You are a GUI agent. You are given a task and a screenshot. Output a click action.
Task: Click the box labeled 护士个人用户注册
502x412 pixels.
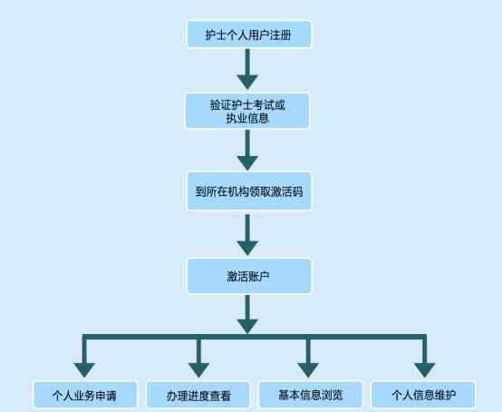(x=248, y=34)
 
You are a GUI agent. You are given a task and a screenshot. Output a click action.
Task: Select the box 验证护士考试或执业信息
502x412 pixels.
(x=247, y=111)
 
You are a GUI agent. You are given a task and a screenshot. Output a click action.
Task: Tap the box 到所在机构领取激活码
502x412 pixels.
(x=249, y=191)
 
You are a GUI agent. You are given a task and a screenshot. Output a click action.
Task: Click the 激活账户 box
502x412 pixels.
(x=249, y=276)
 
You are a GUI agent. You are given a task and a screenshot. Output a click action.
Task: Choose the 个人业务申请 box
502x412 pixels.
(x=85, y=395)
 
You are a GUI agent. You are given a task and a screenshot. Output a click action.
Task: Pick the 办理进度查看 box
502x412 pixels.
(x=198, y=395)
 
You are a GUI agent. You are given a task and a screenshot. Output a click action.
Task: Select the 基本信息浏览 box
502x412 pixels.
(x=311, y=395)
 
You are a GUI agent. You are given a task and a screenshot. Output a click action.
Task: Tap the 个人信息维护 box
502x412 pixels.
(x=423, y=395)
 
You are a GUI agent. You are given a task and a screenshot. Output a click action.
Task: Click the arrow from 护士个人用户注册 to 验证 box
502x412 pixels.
(x=247, y=69)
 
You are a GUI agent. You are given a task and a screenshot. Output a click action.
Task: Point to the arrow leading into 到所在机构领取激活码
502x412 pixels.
(x=247, y=150)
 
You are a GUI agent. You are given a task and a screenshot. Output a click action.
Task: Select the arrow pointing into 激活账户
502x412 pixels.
(x=247, y=235)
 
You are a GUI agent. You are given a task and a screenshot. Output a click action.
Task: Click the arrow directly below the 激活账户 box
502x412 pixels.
(x=247, y=314)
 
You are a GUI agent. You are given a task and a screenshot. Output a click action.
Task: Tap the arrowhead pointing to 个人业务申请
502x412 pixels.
(x=84, y=370)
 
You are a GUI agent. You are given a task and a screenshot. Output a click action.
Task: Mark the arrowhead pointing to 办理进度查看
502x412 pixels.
(x=198, y=370)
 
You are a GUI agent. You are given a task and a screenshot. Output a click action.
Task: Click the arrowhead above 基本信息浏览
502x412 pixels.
(x=308, y=370)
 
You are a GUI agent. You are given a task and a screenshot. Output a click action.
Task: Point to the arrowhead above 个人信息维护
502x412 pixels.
(x=424, y=370)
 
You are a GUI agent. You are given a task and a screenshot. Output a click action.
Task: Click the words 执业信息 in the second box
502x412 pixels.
(x=247, y=118)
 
